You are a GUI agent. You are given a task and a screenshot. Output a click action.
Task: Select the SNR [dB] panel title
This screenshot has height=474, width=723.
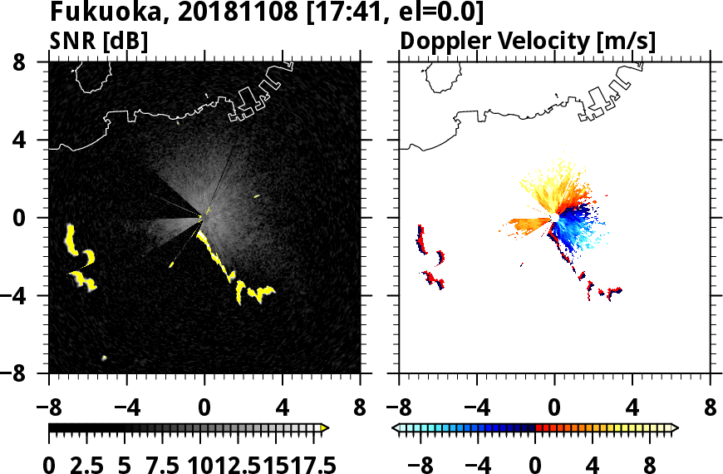coord(98,41)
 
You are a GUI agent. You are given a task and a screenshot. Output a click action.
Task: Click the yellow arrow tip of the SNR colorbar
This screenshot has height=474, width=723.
coord(324,428)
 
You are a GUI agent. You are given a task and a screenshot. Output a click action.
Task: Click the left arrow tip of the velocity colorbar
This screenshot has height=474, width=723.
coord(396,428)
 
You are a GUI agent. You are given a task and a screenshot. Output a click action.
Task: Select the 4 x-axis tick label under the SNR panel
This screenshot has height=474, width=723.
coord(283,408)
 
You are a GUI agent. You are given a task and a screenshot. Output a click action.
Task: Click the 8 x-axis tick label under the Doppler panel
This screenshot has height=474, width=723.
coord(711,408)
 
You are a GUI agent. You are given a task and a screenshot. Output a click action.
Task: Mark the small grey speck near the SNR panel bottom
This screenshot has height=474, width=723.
coord(105,358)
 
